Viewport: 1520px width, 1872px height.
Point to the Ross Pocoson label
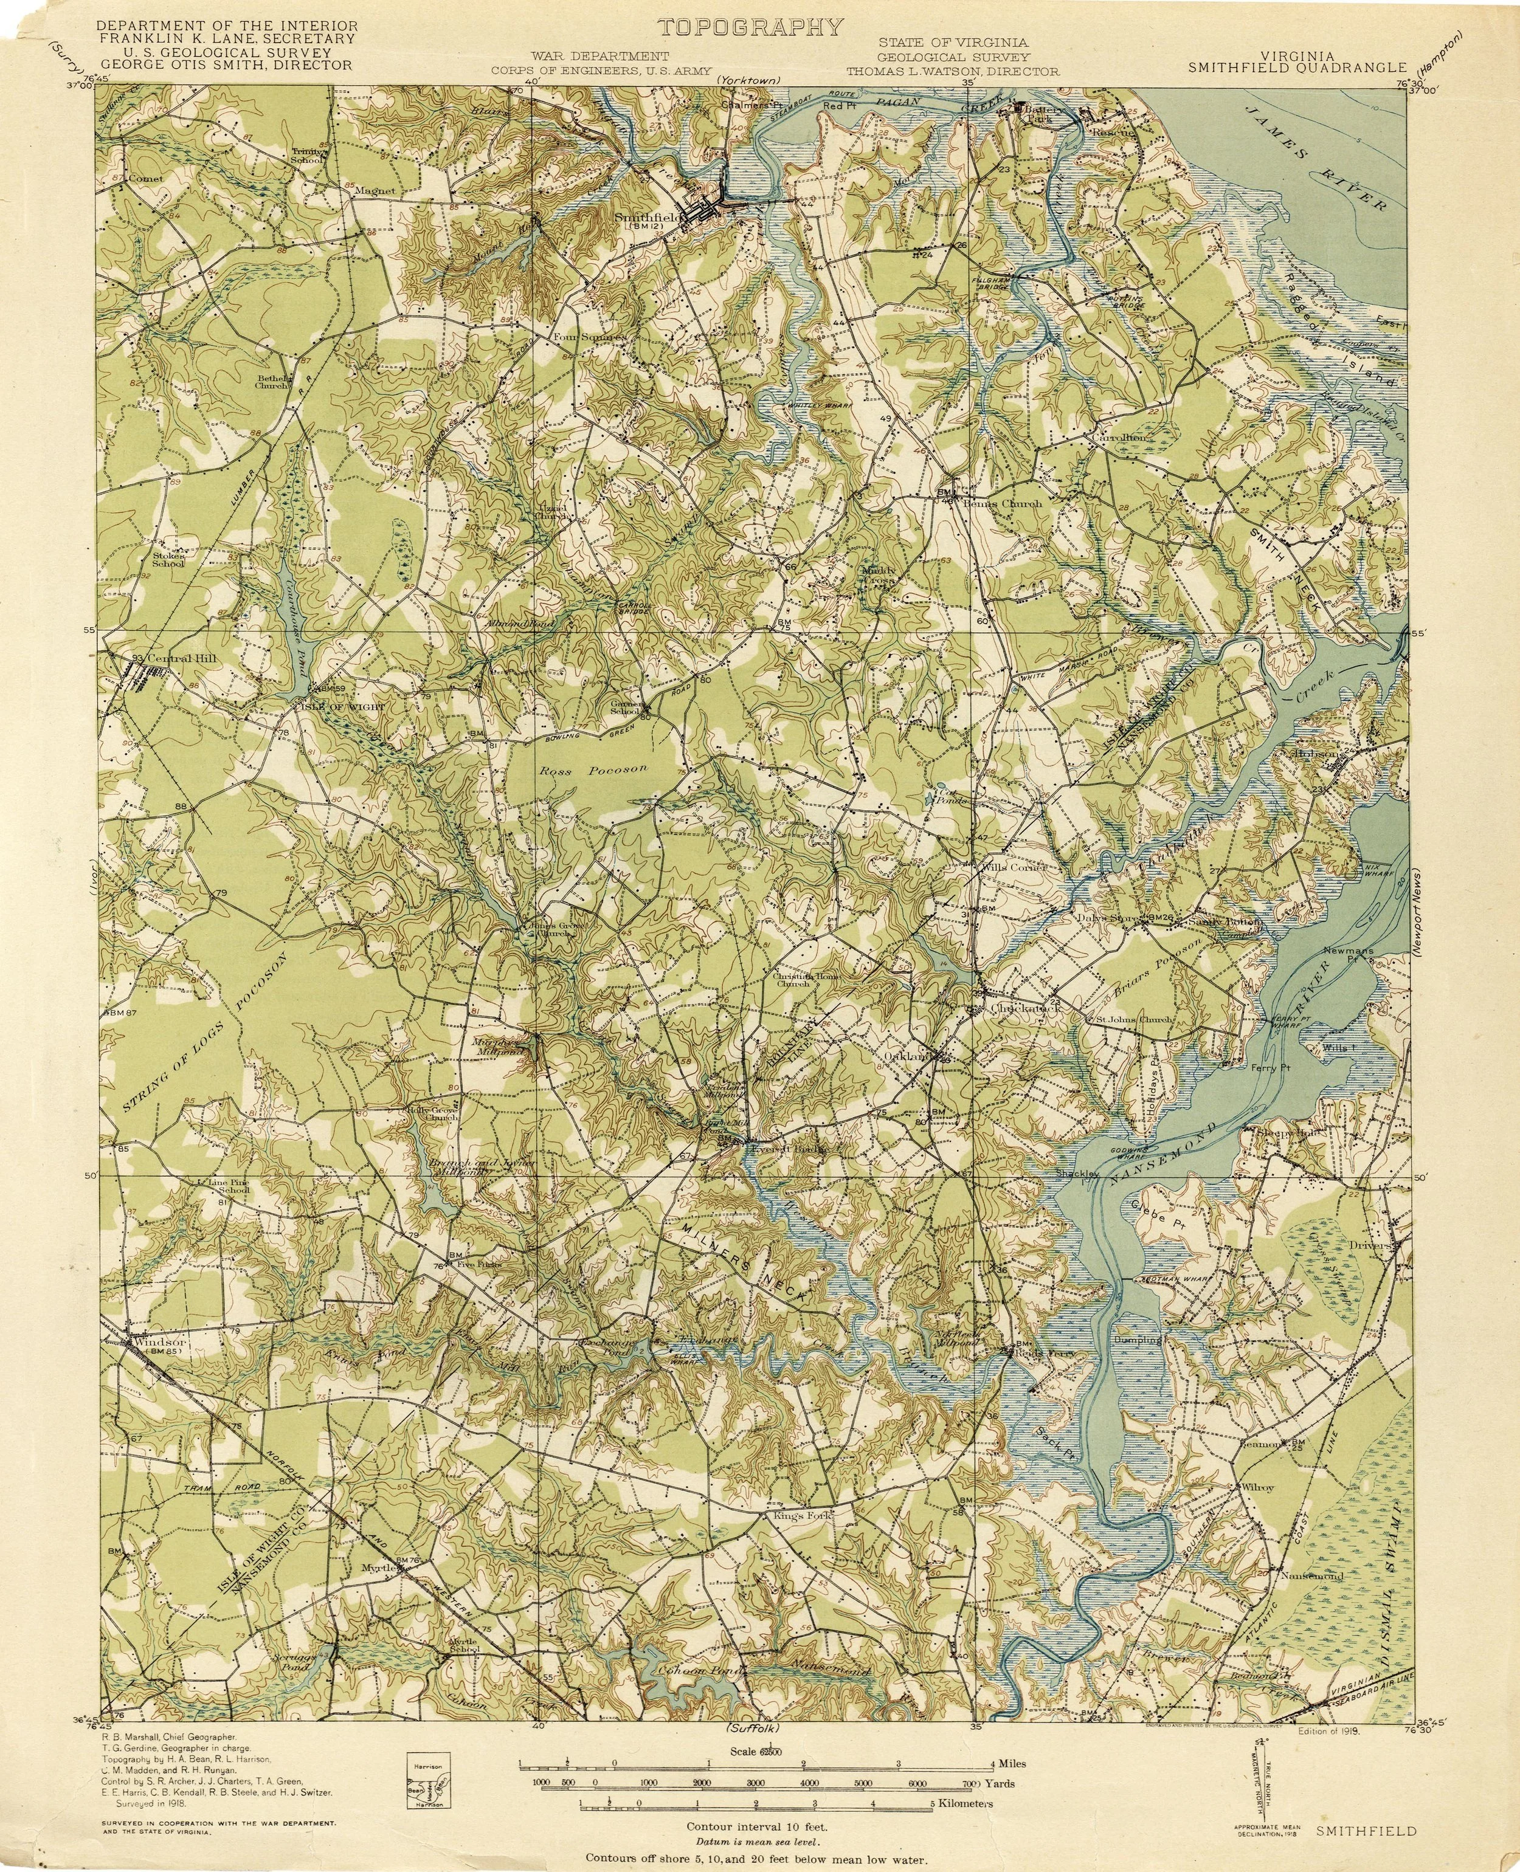pyautogui.click(x=593, y=770)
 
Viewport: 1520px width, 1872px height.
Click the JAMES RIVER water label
pyautogui.click(x=1319, y=156)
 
